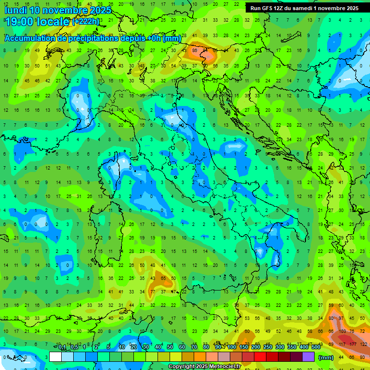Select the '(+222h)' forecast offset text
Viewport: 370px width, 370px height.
click(x=86, y=22)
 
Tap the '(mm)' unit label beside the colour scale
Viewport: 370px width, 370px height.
click(x=326, y=357)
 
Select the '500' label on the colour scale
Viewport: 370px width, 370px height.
click(x=316, y=347)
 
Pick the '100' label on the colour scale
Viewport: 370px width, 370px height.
click(x=231, y=347)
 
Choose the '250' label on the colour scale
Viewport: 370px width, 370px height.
click(x=267, y=347)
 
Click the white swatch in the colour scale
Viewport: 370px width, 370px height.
click(x=55, y=357)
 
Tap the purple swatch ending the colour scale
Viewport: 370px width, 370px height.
click(x=308, y=357)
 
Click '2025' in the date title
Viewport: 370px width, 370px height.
click(x=100, y=10)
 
